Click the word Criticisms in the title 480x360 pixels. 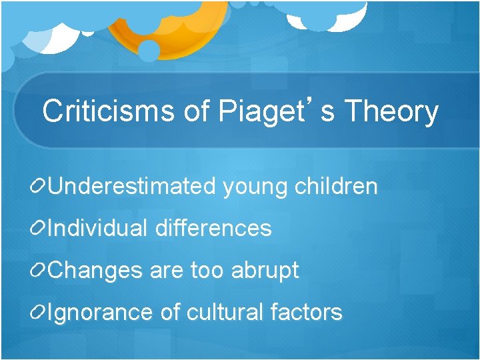tap(109, 111)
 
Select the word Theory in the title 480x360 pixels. tap(391, 112)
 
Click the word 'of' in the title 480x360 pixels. tap(197, 111)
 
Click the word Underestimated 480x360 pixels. tap(131, 187)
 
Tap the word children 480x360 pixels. tap(335, 187)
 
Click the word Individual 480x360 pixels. tap(98, 229)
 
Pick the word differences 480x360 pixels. tap(213, 229)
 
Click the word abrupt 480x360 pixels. tap(265, 271)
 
